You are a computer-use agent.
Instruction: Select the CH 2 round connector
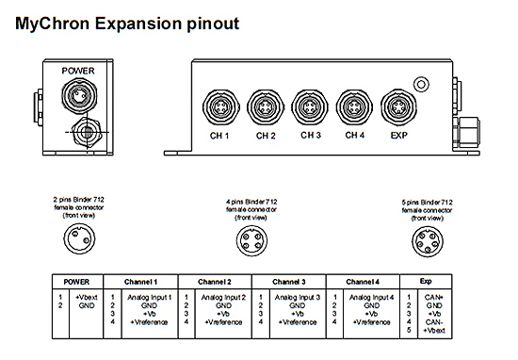click(x=265, y=103)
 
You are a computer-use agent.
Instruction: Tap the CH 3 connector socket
click(x=308, y=103)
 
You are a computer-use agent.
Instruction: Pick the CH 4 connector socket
click(x=353, y=103)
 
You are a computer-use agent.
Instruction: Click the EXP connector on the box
click(x=397, y=103)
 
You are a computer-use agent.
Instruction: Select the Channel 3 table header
click(x=294, y=282)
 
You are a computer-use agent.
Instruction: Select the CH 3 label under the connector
click(x=309, y=136)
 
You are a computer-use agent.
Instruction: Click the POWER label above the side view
click(x=78, y=70)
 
